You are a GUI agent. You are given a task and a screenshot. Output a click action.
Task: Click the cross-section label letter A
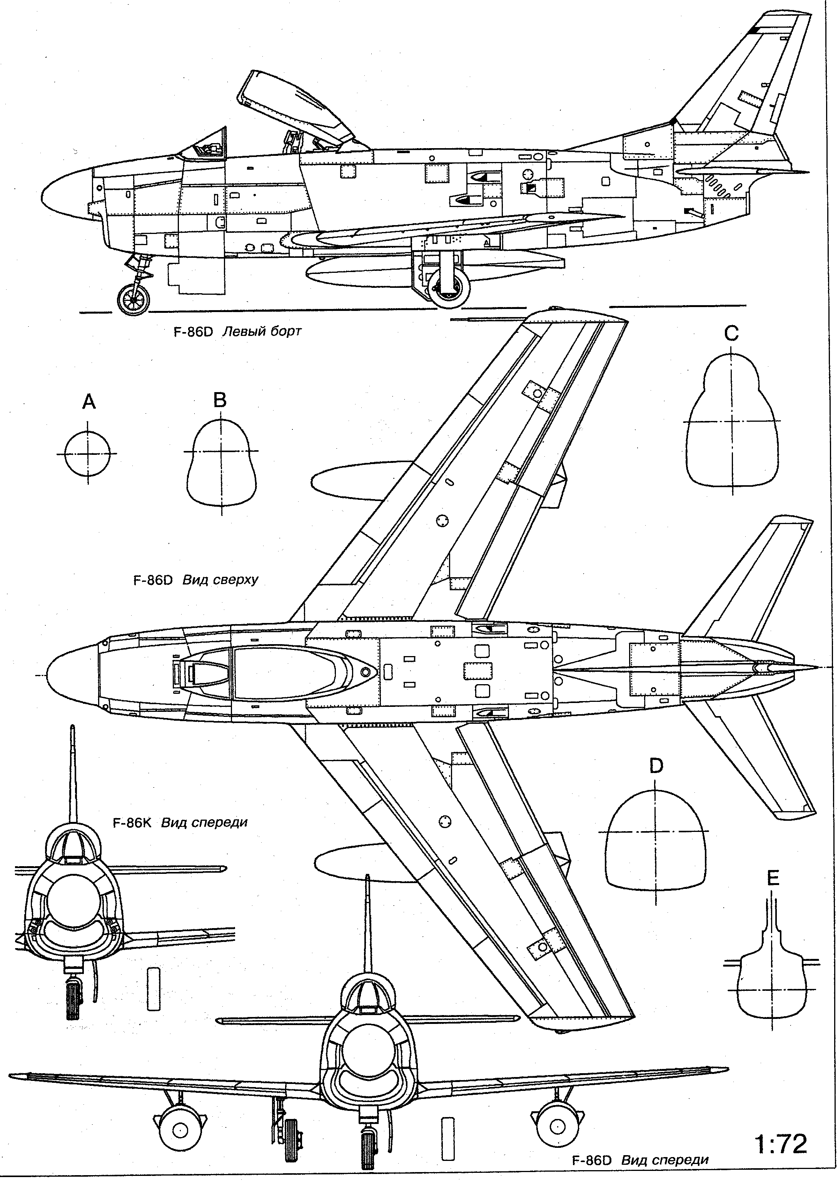[89, 401]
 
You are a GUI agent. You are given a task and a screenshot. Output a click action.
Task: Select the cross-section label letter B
[220, 400]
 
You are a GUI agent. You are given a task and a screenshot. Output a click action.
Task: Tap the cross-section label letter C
[731, 333]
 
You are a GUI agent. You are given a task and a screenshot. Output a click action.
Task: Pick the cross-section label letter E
[773, 878]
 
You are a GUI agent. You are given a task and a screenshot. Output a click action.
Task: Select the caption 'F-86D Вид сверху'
[195, 580]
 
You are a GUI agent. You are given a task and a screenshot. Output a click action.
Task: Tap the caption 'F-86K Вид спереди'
[180, 822]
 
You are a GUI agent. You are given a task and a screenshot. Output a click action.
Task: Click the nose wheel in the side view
[134, 300]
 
